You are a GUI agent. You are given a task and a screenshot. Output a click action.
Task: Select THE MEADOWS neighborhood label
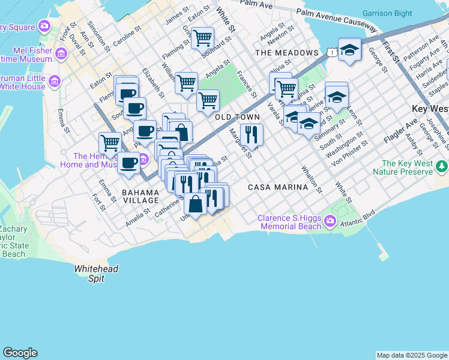(x=286, y=53)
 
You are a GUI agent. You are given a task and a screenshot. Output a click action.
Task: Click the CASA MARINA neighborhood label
(x=278, y=187)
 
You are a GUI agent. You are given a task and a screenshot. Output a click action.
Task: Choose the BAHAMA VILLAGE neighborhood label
(x=140, y=196)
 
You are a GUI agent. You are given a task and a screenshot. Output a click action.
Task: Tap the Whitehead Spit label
(x=96, y=274)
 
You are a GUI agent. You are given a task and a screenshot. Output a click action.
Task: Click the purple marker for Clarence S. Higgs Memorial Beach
(x=330, y=223)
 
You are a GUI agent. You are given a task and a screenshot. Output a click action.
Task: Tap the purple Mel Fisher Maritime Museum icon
(x=61, y=55)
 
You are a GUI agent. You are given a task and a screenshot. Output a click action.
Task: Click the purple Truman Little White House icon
(x=55, y=81)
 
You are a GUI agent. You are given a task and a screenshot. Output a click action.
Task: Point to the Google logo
(x=20, y=353)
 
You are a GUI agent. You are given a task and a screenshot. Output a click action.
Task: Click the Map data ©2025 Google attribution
(x=412, y=355)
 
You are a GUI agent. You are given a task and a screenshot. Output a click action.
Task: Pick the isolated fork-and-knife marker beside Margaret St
(x=252, y=134)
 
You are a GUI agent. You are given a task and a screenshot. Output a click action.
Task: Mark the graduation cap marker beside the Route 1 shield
(x=349, y=50)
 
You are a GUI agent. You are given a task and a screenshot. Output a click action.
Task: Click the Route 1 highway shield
(x=331, y=54)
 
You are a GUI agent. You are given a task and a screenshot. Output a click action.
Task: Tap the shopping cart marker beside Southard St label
(x=202, y=38)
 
